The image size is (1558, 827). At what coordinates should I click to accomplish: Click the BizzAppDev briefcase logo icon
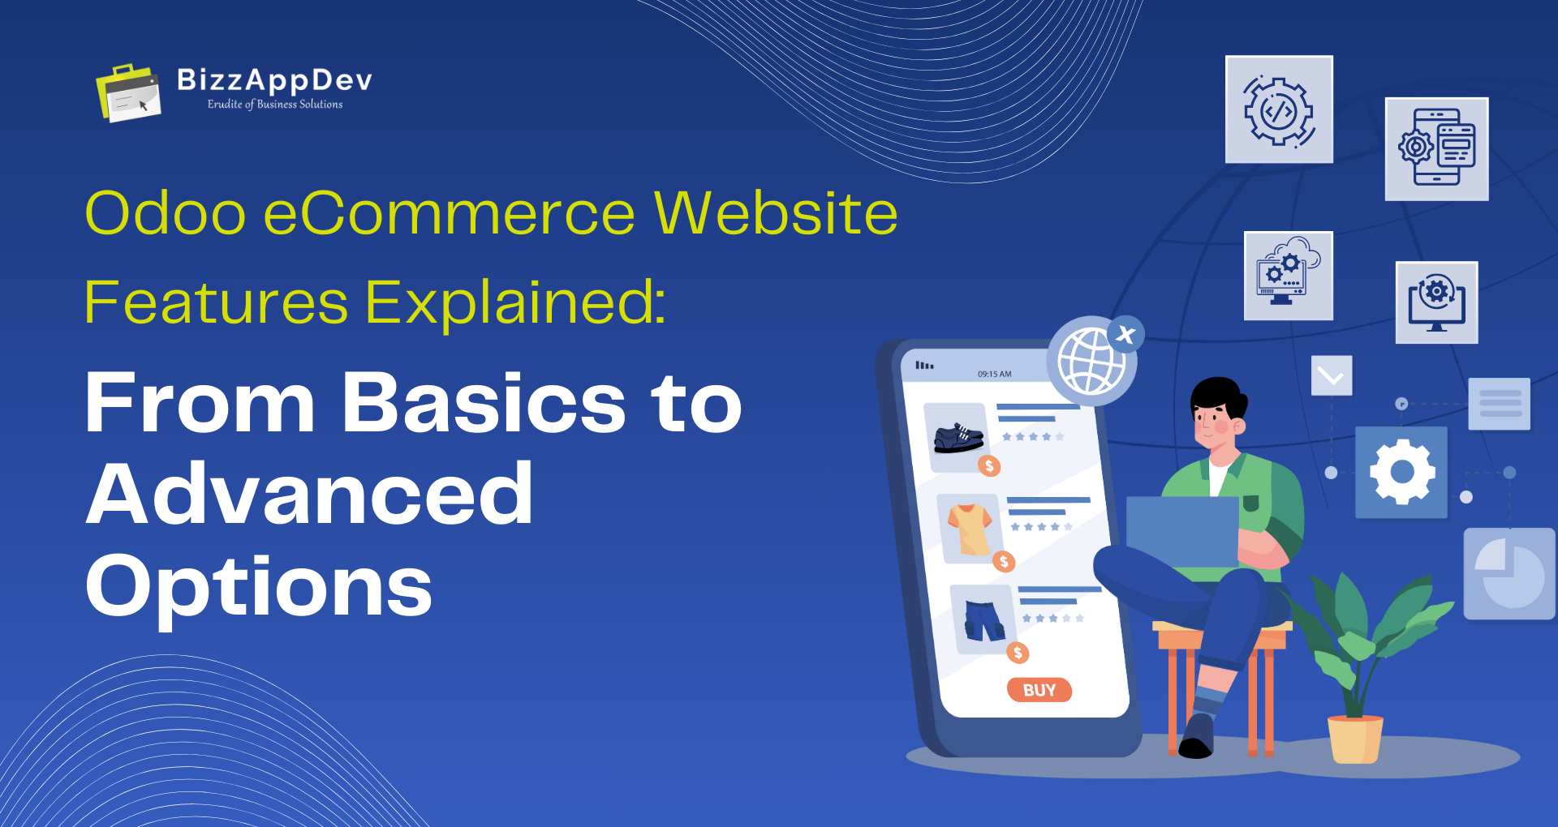[128, 93]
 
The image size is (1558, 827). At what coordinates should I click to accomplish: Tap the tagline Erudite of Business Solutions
[275, 105]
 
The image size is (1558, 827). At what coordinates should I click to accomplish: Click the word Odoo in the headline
[166, 214]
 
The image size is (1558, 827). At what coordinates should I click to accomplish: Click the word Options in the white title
[259, 586]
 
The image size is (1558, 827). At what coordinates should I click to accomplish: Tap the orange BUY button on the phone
[1039, 690]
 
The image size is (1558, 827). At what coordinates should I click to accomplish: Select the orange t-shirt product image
[969, 529]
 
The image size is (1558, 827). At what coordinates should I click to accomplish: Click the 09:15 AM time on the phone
[994, 375]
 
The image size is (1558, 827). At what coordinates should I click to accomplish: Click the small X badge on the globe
[1125, 334]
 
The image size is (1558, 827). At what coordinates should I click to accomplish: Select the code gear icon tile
[1279, 110]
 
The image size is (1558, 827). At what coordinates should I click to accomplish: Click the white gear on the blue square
[1401, 472]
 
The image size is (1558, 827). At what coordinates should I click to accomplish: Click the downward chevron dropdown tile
[1331, 375]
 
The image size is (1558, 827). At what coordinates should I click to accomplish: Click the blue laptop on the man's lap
[1181, 532]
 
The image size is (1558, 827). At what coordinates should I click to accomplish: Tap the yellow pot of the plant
[1354, 739]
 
